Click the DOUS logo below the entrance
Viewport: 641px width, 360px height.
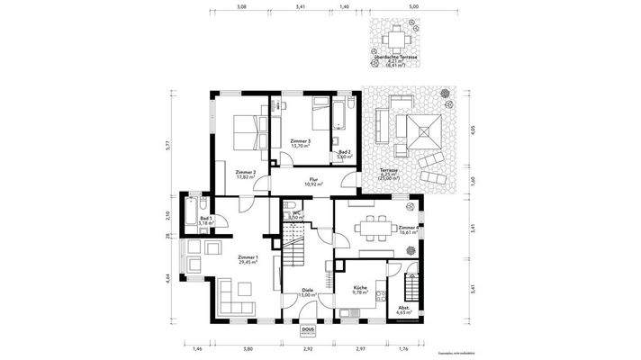tap(308, 330)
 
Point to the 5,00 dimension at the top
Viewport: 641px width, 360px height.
tap(413, 6)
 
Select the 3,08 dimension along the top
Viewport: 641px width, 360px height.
tap(240, 6)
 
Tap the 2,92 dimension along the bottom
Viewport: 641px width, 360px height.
tap(307, 347)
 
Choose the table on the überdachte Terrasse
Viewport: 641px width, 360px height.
tap(397, 40)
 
